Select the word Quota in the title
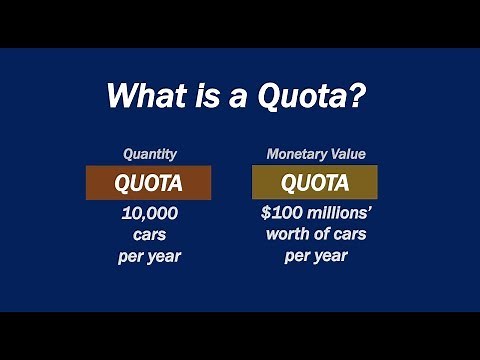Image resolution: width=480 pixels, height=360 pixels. [x=297, y=99]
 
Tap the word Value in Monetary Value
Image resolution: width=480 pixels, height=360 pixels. [x=345, y=154]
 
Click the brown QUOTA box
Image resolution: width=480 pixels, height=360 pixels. [x=148, y=183]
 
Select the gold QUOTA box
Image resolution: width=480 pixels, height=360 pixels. [x=315, y=183]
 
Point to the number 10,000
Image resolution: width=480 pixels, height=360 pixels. [x=148, y=215]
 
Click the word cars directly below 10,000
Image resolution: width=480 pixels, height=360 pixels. [x=148, y=235]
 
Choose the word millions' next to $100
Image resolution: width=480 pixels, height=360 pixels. [x=339, y=215]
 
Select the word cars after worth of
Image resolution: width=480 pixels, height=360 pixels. [x=353, y=235]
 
